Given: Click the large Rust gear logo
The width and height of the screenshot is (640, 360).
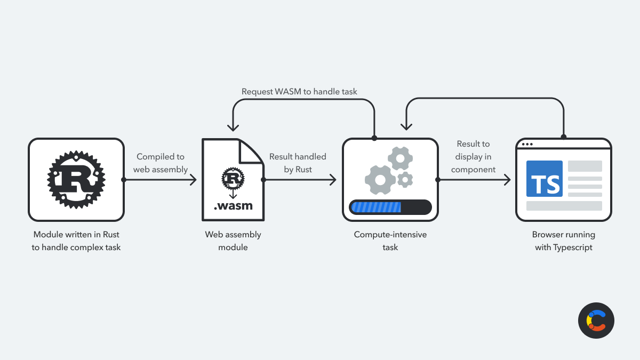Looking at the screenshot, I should coord(76,180).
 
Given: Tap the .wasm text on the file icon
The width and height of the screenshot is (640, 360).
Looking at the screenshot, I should coord(233,206).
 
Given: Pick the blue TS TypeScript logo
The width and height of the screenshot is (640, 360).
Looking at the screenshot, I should coord(545,179).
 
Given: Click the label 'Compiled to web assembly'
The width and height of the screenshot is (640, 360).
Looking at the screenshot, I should coord(161,163).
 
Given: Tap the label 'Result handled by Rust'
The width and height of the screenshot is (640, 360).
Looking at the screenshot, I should coord(298,163).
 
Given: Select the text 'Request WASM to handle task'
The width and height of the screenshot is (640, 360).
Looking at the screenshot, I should coord(299,92).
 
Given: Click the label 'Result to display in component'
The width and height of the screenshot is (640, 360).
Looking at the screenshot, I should coord(473,157).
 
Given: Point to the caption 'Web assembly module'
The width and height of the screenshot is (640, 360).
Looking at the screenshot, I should coord(233,241).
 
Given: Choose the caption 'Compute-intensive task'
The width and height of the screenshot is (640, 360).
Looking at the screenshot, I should coord(390,241).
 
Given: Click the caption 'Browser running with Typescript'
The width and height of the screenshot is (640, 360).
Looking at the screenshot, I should coord(564,241).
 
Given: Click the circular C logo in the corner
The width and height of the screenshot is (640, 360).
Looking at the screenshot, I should coord(596,321).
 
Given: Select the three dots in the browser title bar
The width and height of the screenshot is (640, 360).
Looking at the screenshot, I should coord(527,145).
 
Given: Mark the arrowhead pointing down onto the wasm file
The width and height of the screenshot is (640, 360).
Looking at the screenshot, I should coord(233,127).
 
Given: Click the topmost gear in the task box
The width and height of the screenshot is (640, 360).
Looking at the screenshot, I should coord(400,157).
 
